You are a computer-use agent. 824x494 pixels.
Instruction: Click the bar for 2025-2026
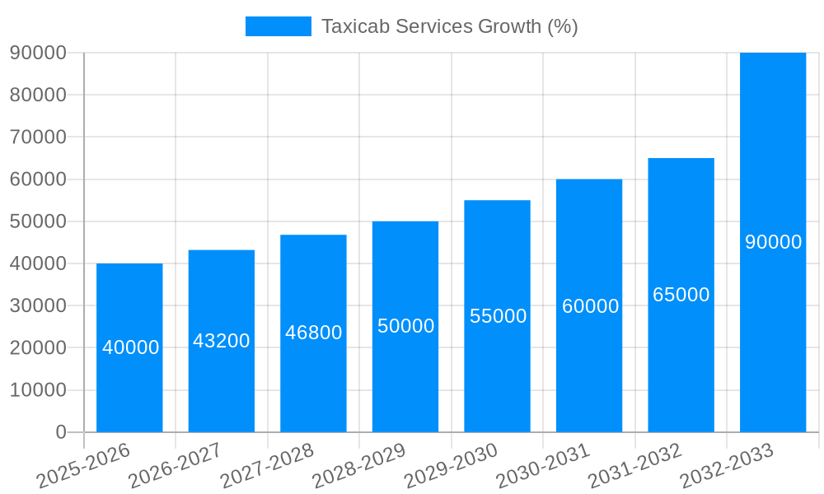click(129, 387)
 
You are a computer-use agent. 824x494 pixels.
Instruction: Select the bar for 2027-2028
click(313, 379)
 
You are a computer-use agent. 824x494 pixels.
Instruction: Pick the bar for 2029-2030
click(497, 370)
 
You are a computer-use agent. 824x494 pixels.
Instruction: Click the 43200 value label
click(222, 341)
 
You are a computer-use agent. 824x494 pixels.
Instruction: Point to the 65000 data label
click(681, 295)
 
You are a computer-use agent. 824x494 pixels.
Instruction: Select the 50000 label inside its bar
click(405, 326)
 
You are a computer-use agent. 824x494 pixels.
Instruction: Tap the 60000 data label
click(590, 306)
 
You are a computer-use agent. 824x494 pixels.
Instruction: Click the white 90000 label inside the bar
click(773, 242)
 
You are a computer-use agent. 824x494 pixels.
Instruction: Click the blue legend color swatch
click(279, 26)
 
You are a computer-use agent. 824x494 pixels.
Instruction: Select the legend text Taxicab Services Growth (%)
click(449, 26)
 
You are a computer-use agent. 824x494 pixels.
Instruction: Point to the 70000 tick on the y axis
click(38, 137)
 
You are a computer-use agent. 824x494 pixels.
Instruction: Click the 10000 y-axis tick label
click(38, 389)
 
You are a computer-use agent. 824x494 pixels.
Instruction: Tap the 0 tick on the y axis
click(61, 431)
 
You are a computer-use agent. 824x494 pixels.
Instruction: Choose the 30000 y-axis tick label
click(38, 305)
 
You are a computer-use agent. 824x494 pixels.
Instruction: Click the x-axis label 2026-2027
click(175, 464)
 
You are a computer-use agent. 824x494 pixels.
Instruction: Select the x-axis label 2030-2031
click(543, 464)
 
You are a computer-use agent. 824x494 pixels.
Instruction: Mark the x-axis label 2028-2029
click(359, 464)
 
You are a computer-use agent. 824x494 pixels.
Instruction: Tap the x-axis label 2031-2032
click(635, 464)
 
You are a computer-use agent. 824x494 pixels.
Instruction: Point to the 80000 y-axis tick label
click(38, 95)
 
